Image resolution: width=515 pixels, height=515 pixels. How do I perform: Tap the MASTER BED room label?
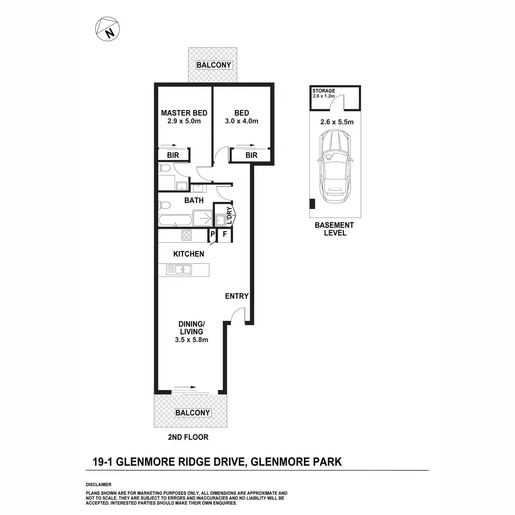coord(184,113)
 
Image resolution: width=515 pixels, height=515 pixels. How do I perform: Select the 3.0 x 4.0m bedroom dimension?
coord(242,121)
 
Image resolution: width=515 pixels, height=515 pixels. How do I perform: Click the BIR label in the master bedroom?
coord(173,155)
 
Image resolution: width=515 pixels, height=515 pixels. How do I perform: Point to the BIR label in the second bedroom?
coord(251,155)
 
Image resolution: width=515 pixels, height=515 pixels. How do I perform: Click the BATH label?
coord(194,200)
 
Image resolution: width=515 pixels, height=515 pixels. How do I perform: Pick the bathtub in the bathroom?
coord(175,221)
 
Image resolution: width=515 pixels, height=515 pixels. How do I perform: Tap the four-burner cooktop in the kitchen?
coord(187,235)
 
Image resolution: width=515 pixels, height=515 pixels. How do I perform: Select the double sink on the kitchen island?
coord(179,270)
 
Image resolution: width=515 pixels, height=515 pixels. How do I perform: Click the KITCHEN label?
coord(189,254)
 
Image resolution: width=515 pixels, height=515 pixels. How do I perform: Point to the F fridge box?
coord(224,235)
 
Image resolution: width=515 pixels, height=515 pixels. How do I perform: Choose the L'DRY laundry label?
coord(229,216)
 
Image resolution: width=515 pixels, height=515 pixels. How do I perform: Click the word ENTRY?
coord(237,296)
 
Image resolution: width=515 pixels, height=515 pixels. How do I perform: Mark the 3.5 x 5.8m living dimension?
coord(191,340)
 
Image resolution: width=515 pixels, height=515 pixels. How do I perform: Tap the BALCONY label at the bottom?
coord(193,413)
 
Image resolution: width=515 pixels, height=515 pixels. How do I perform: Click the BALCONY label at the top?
coord(214,65)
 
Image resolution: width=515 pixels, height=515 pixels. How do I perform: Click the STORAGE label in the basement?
coord(324,91)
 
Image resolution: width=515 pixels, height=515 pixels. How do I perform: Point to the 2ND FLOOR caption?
coord(189,437)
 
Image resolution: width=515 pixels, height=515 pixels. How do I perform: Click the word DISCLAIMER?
coord(99,484)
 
